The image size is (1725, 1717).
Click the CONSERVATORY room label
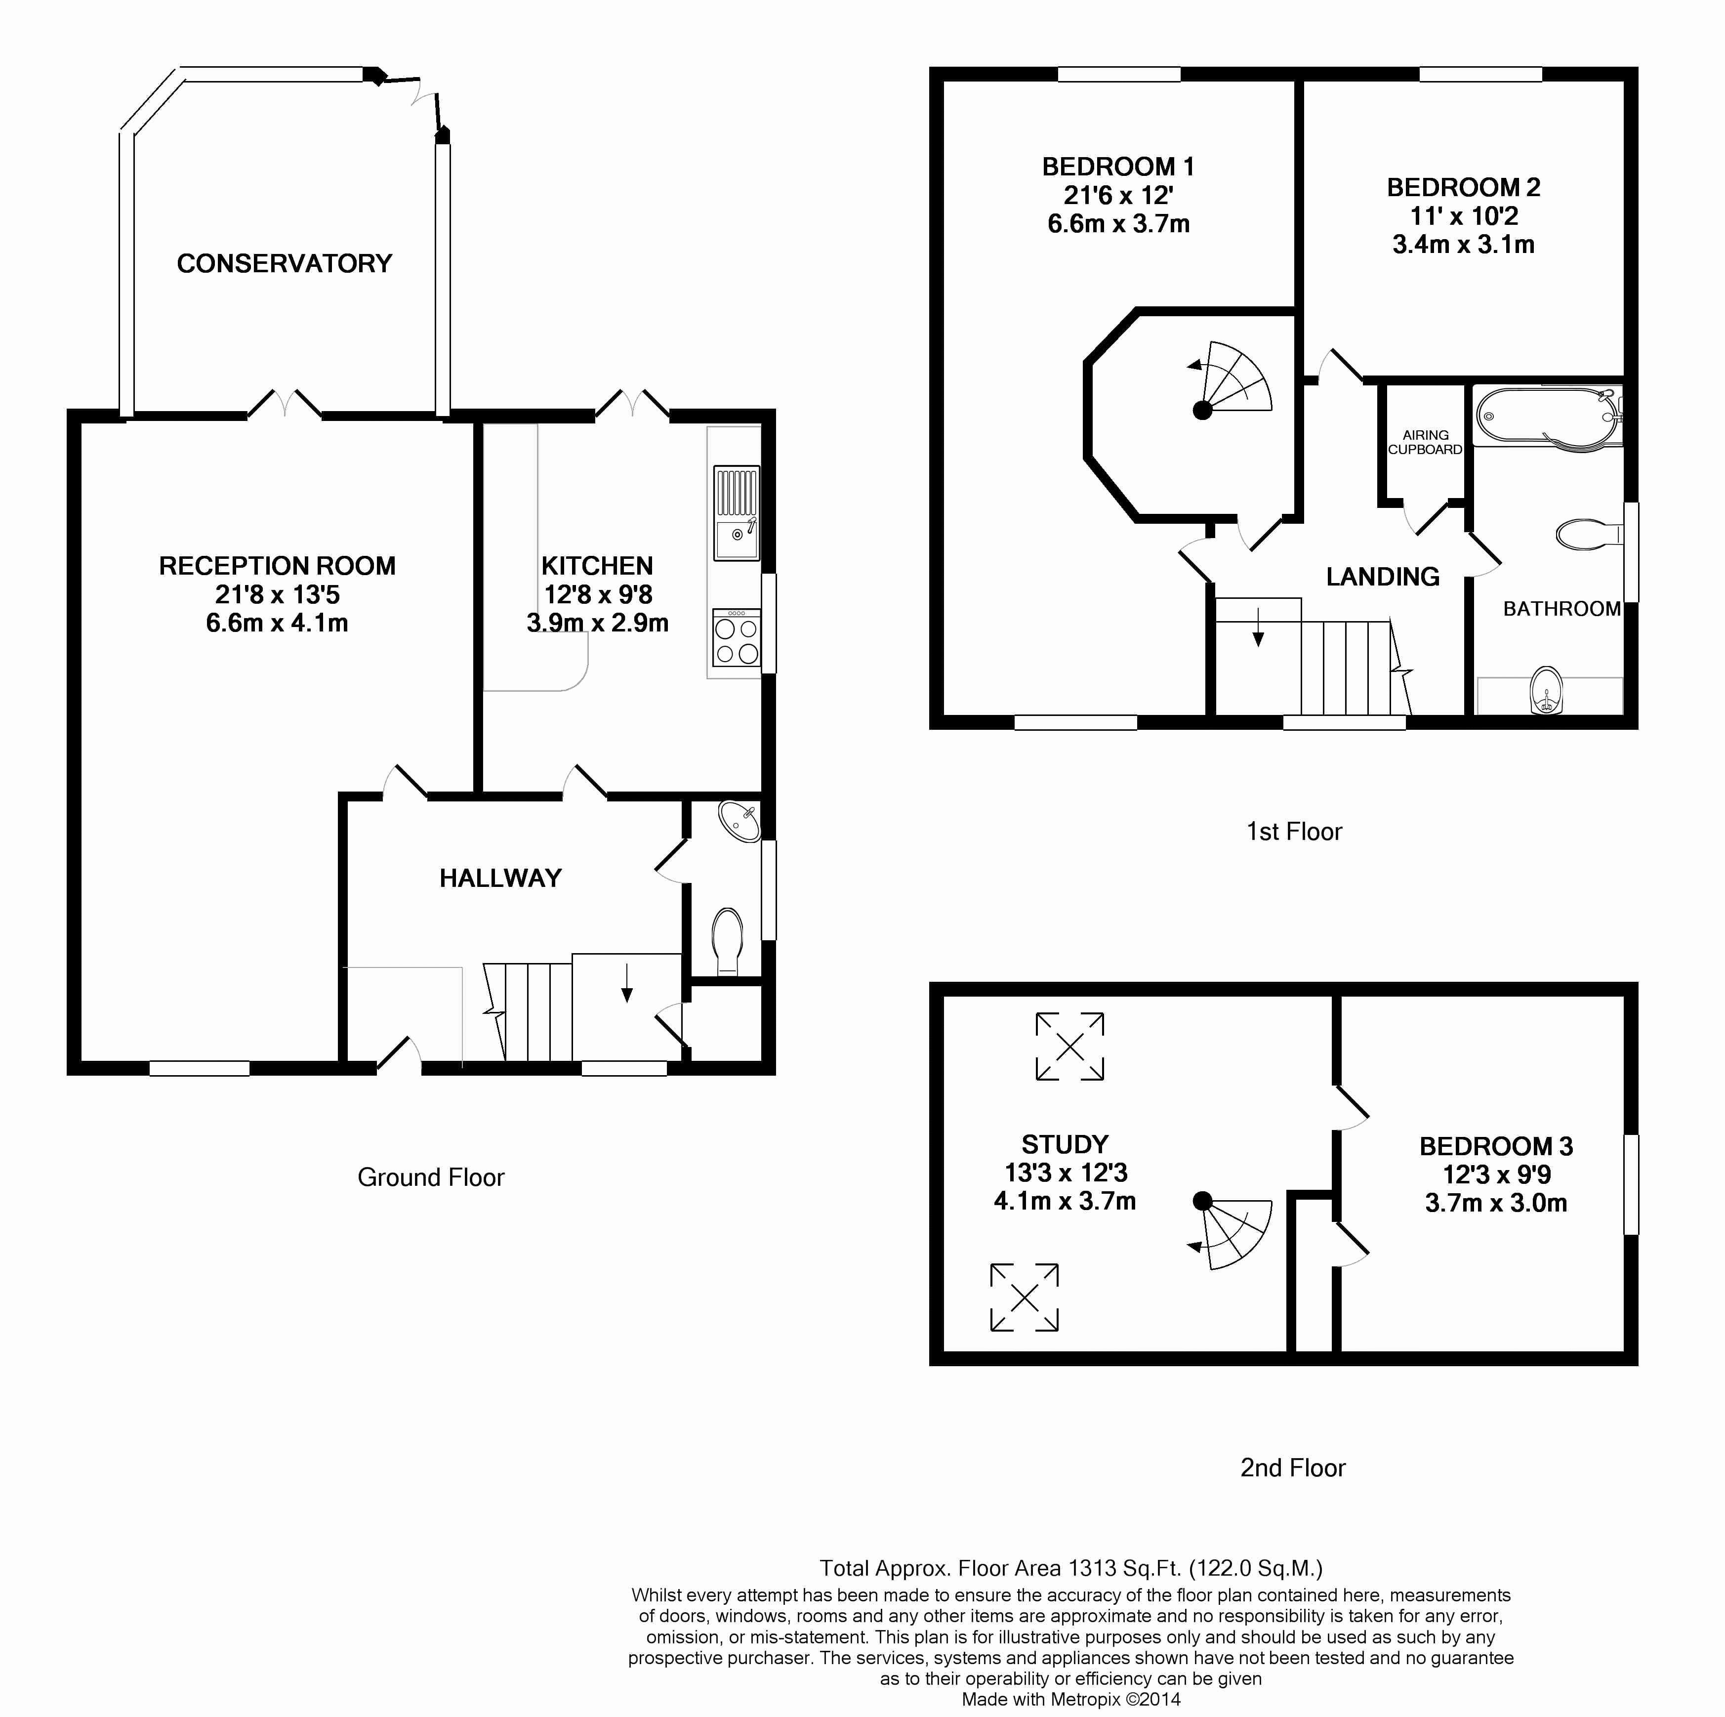[x=285, y=263]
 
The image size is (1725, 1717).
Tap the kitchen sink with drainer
[x=737, y=513]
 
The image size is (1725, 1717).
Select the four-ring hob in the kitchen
[x=737, y=638]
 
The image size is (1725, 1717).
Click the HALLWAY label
[x=501, y=879]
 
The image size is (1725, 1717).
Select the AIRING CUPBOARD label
[x=1425, y=442]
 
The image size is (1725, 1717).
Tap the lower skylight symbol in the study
[x=1024, y=1298]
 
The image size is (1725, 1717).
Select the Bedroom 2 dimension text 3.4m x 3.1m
[x=1463, y=245]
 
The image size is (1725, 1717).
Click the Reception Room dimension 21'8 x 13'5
[x=278, y=595]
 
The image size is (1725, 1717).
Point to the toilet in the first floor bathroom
[x=1589, y=534]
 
